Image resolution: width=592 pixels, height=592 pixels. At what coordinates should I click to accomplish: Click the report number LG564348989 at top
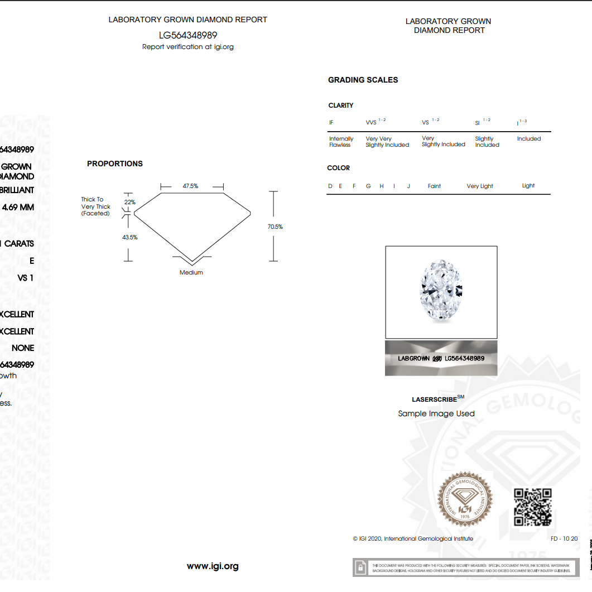pos(187,35)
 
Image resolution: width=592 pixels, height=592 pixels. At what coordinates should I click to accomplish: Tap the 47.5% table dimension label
pos(190,186)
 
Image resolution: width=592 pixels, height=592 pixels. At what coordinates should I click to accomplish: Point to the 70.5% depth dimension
pos(275,227)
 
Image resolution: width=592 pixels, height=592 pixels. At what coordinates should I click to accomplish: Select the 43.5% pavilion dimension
pos(130,237)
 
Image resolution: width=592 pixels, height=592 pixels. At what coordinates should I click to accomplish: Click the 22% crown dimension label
pos(129,202)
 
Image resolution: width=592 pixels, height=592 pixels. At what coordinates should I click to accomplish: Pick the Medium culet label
pos(191,272)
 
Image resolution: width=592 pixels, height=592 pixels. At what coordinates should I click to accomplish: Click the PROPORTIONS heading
pos(115,163)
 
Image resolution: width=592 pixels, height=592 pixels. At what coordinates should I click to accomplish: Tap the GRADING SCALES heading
pos(363,80)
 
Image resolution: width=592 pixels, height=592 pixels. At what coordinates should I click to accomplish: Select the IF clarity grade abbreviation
pos(331,122)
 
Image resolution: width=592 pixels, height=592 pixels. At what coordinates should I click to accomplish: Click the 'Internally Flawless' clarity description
pos(341,142)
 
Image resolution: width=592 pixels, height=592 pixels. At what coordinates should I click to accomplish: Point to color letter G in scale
pos(368,186)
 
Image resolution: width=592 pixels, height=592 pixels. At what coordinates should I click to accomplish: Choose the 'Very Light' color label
pos(480,186)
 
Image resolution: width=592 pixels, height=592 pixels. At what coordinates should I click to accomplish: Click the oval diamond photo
pos(441,292)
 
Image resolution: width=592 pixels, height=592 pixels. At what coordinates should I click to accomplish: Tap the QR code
pos(532,507)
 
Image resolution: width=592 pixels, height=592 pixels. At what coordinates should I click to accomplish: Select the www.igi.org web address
pos(213,566)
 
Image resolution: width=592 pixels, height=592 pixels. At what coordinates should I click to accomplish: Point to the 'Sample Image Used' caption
pos(436,413)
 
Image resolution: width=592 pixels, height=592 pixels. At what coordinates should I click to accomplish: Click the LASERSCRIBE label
pos(434,400)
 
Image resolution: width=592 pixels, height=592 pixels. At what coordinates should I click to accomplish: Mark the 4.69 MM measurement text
pos(18,208)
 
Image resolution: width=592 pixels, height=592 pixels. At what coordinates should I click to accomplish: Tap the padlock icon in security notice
pos(361,567)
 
